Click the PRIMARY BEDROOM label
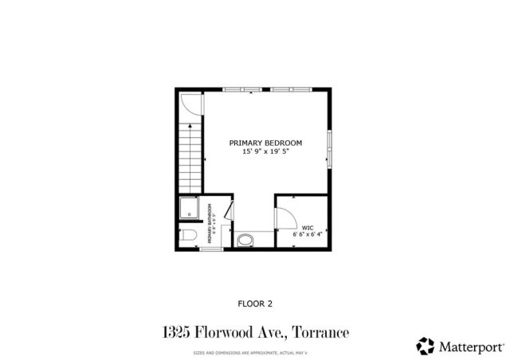click(265, 143)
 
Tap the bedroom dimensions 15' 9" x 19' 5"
click(265, 151)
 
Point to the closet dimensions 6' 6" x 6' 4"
click(308, 234)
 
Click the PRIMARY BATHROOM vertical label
click(210, 224)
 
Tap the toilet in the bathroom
click(188, 235)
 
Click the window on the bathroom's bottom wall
click(210, 250)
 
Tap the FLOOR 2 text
click(255, 303)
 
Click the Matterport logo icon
click(425, 346)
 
